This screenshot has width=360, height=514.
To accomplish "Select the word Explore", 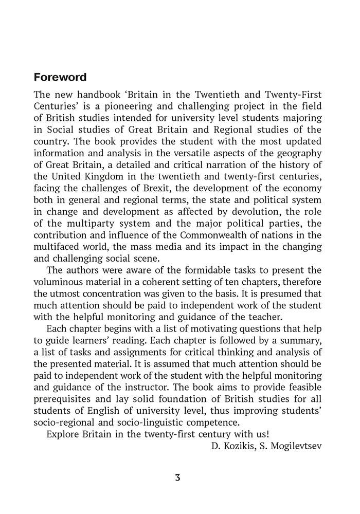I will [63, 432].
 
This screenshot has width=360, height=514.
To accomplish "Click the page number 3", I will [177, 478].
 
